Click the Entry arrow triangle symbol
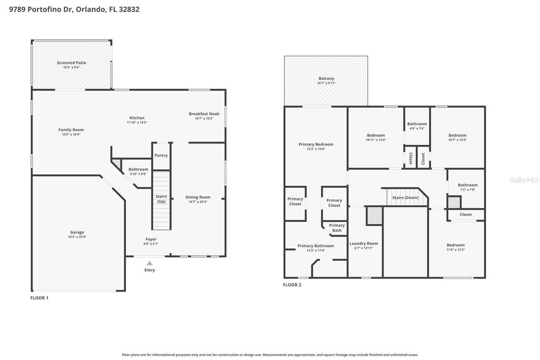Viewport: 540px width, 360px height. (149, 263)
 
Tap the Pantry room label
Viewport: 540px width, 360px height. (161, 155)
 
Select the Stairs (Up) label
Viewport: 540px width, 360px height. (161, 199)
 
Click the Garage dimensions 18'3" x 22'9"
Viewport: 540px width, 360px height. (77, 237)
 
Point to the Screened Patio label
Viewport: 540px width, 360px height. (71, 62)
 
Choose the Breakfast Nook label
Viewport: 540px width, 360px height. (204, 114)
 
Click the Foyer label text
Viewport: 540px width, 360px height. (151, 239)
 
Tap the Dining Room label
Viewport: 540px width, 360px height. (198, 197)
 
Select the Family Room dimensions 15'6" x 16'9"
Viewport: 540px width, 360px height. (71, 134)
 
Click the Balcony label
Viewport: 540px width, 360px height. (326, 78)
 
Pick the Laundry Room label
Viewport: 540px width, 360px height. (364, 243)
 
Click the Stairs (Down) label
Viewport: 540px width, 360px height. (405, 198)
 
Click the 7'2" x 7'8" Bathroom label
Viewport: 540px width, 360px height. (467, 185)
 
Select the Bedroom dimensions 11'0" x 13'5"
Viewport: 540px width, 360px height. (456, 249)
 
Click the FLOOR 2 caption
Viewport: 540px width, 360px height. (292, 285)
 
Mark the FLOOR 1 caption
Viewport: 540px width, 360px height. (39, 298)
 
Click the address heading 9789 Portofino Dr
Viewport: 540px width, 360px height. (41, 9)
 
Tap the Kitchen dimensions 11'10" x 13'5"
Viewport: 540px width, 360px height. (137, 122)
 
